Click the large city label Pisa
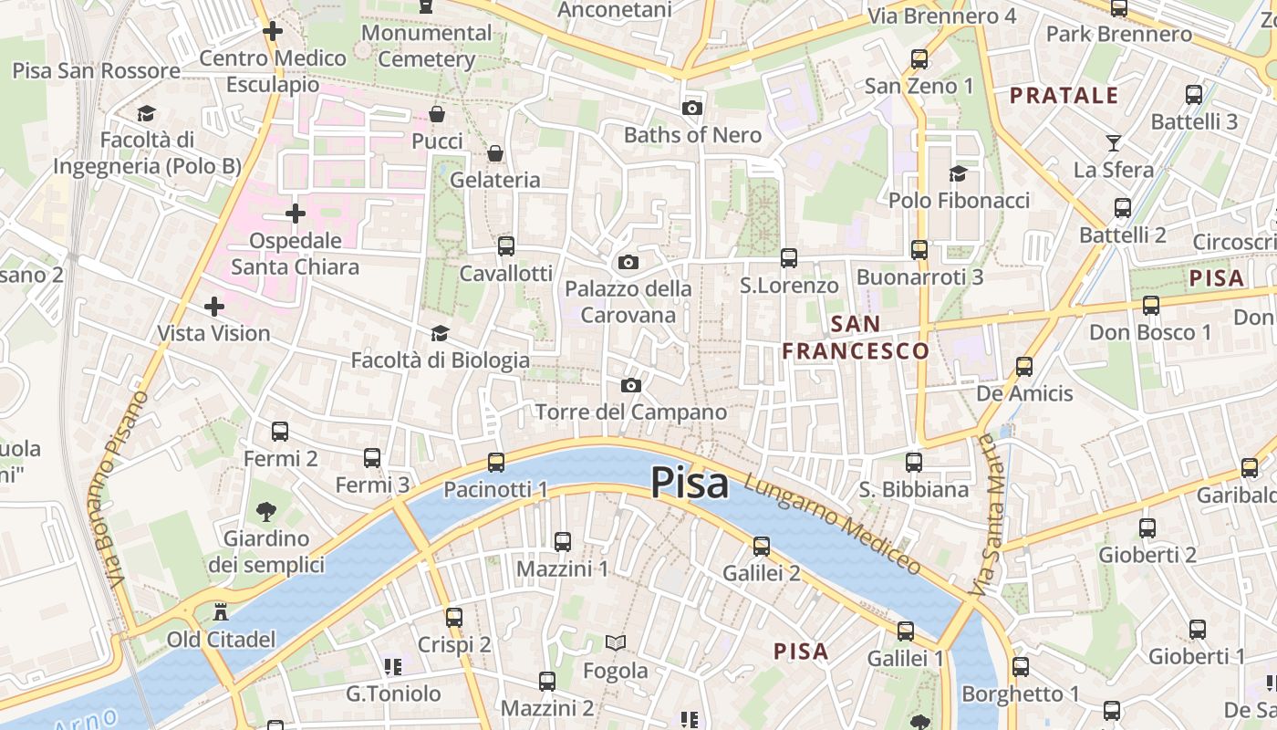(690, 484)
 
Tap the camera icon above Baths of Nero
(692, 109)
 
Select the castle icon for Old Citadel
(220, 612)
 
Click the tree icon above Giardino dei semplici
(265, 511)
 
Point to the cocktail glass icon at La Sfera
(1114, 142)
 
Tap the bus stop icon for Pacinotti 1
(495, 463)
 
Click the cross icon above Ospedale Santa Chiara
(295, 214)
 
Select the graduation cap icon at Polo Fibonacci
(958, 173)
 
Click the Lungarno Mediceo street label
(832, 524)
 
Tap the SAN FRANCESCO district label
(856, 338)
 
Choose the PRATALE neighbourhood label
(1064, 95)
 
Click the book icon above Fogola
(616, 643)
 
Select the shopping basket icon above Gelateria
(495, 153)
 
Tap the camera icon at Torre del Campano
(630, 386)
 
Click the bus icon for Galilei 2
(761, 547)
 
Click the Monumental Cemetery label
(426, 46)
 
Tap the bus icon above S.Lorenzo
(788, 258)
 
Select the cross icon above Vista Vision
(213, 307)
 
